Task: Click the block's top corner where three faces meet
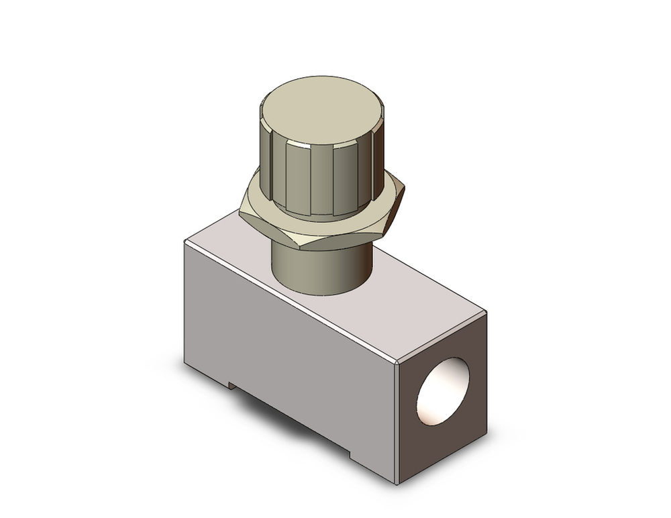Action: click(399, 363)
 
